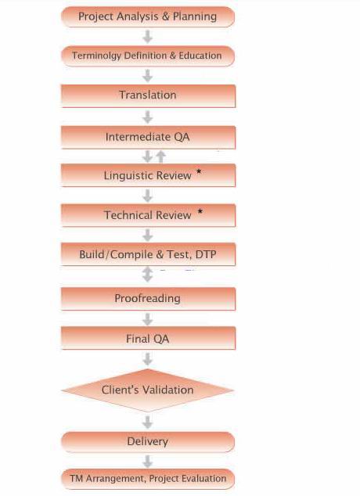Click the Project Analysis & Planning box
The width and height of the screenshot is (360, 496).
[148, 16]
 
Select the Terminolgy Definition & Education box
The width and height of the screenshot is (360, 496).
[148, 56]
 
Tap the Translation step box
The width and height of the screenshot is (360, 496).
[148, 96]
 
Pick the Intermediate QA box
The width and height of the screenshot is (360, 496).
[148, 137]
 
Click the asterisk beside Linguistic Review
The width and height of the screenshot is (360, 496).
[199, 172]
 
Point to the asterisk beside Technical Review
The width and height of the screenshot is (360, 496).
[200, 212]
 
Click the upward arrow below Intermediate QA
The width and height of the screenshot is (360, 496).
[161, 156]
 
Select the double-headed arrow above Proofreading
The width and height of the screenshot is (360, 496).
[147, 275]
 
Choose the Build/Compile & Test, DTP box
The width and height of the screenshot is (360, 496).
[148, 254]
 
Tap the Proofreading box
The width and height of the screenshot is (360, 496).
[148, 299]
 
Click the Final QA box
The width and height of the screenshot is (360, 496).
[148, 338]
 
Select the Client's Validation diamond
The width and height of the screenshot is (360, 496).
[148, 390]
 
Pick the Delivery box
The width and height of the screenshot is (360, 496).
[148, 442]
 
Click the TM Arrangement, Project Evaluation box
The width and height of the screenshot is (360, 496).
[148, 479]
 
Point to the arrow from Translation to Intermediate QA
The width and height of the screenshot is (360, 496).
[147, 117]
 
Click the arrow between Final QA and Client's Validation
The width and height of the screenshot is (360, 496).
[147, 359]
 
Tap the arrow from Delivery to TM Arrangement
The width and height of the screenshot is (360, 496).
[147, 462]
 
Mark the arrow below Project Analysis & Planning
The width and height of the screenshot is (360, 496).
[147, 37]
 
